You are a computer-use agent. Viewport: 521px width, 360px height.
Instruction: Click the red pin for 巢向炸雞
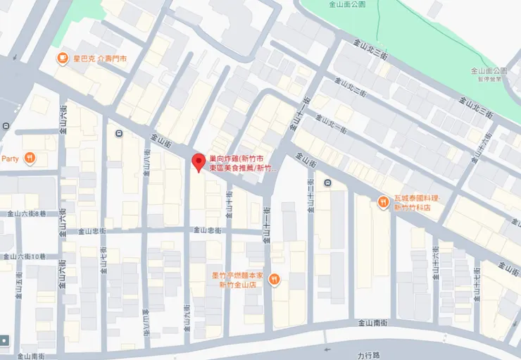coord(199,163)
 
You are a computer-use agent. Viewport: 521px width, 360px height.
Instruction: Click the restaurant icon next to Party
coord(29,159)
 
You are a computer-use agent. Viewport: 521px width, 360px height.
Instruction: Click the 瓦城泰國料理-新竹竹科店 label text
coord(416,204)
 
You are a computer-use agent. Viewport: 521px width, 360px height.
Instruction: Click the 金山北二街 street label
coord(352,92)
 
